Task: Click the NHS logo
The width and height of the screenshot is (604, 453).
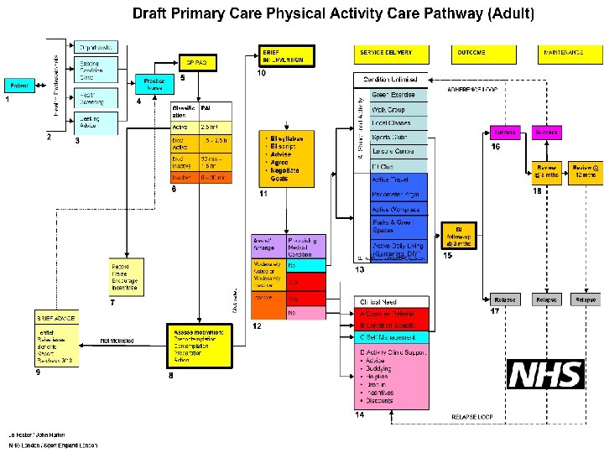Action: click(x=546, y=374)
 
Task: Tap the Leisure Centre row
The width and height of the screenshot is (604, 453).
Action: click(x=398, y=152)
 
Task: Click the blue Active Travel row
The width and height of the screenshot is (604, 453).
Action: click(x=398, y=180)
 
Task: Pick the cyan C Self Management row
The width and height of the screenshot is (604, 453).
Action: click(x=391, y=336)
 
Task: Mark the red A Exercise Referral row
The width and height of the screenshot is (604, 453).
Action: click(x=391, y=314)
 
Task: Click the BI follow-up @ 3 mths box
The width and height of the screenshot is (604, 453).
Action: click(x=458, y=234)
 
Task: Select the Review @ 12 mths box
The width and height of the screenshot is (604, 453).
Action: click(x=585, y=171)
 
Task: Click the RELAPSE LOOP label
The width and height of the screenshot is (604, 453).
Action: click(x=472, y=417)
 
